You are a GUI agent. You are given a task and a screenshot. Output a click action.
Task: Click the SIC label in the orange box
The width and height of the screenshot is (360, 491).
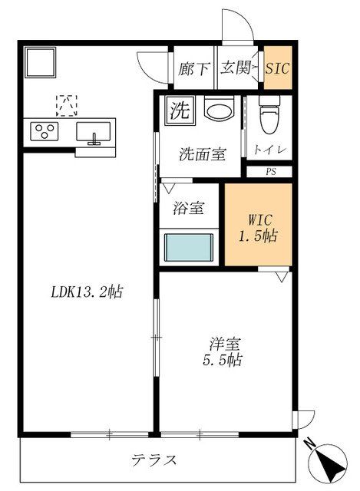click(x=277, y=68)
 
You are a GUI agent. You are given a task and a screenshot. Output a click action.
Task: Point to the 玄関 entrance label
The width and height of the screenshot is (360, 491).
click(x=237, y=68)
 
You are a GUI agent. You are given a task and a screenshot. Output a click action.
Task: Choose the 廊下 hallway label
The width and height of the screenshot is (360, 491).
click(x=193, y=68)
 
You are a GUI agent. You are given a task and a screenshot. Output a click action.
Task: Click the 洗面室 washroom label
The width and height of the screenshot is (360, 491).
click(x=203, y=154)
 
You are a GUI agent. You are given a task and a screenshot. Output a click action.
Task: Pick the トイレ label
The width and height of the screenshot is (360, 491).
click(x=269, y=150)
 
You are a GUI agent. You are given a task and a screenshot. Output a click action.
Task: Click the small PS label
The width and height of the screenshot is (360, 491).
click(x=270, y=172)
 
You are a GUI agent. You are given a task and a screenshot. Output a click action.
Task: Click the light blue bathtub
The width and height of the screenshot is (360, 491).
click(x=188, y=249)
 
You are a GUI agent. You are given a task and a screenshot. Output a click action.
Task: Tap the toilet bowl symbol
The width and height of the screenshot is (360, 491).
click(x=268, y=116)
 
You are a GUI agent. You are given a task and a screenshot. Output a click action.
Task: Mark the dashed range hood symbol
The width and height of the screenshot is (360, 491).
click(x=67, y=103)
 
